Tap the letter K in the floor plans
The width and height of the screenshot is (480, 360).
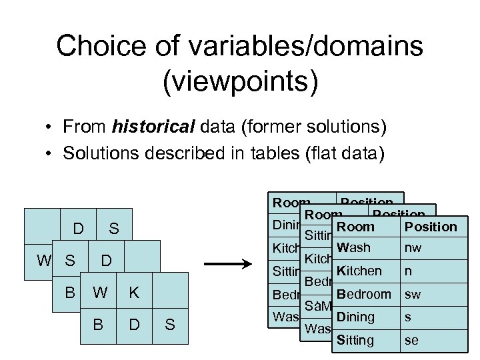[x=134, y=292]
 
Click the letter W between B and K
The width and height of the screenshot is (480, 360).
[x=99, y=292]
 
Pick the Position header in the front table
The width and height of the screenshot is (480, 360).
[x=431, y=227]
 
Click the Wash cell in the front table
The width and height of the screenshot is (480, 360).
[x=354, y=248]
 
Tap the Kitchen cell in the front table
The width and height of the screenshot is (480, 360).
[x=359, y=271]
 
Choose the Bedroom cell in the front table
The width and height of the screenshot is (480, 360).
[x=364, y=294]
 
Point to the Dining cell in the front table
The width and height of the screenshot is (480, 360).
[x=356, y=317]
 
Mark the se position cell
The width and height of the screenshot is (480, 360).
[x=411, y=340]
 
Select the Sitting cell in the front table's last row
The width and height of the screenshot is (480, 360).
[x=356, y=340]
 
